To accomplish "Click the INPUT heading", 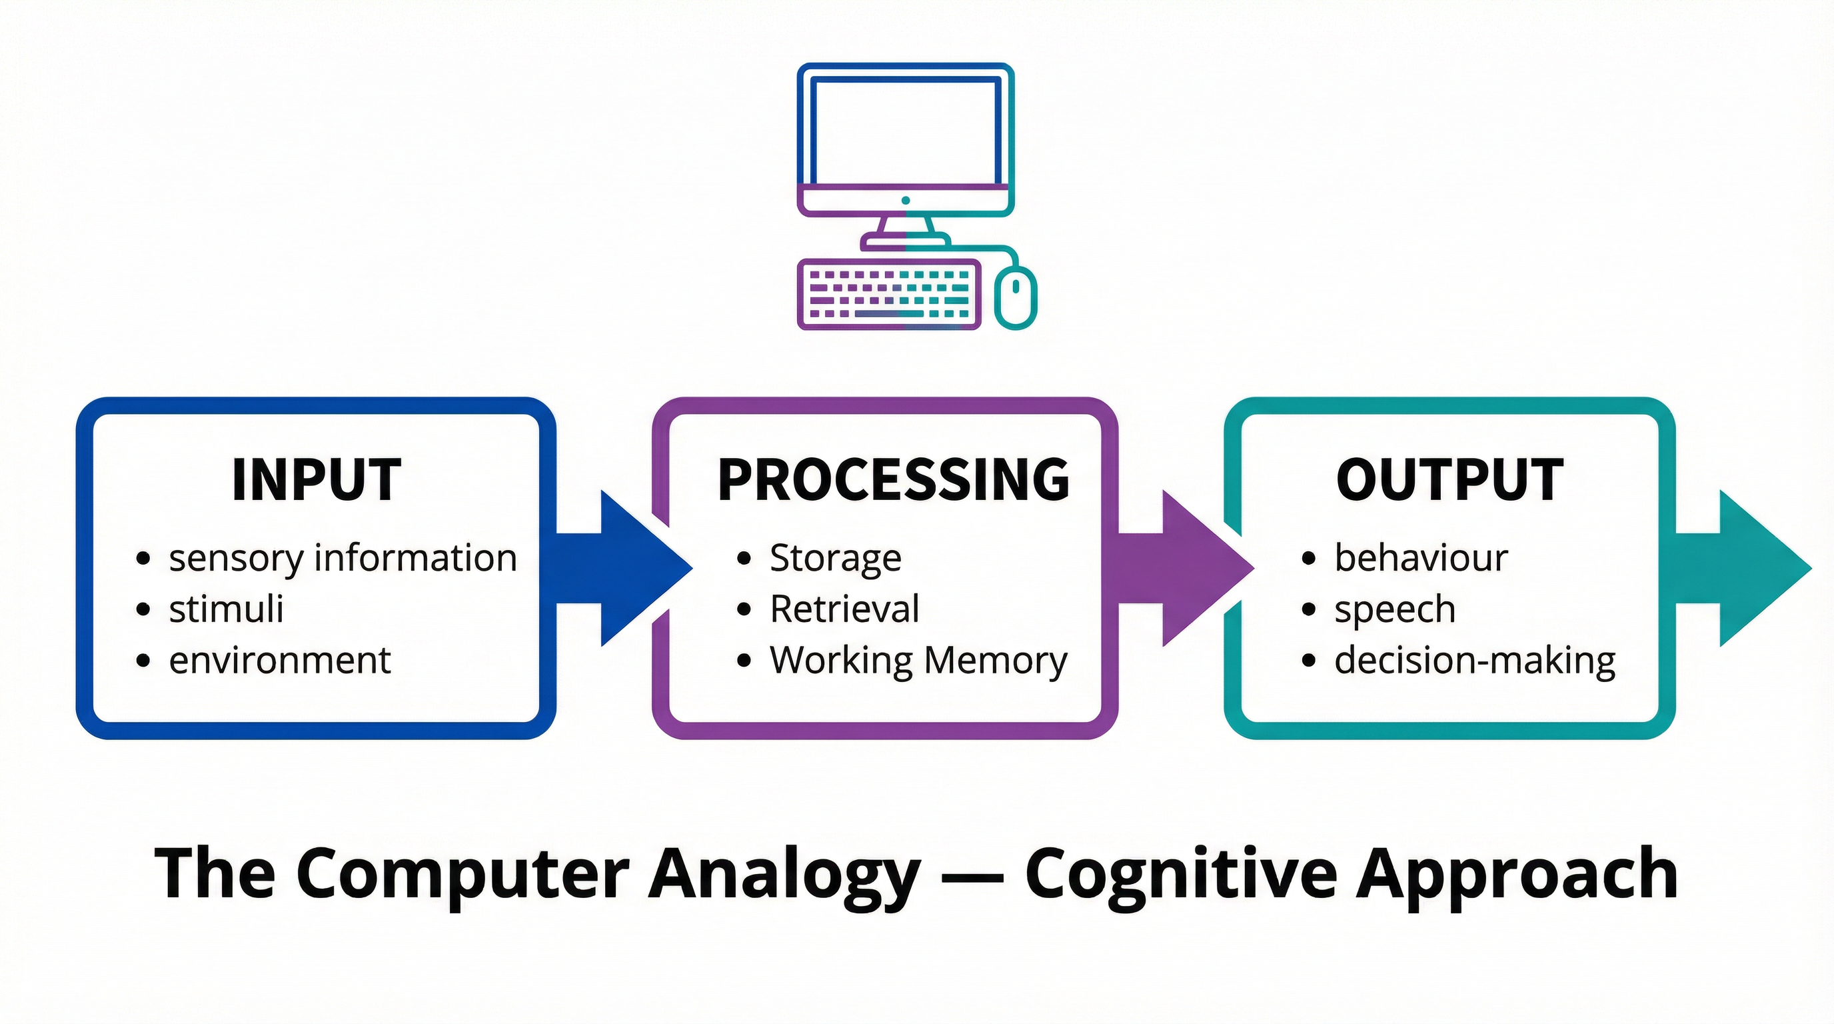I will point(317,479).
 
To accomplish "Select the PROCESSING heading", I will point(894,479).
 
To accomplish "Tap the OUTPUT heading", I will point(1449,479).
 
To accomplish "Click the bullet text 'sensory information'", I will point(343,557).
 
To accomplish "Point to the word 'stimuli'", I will point(227,609).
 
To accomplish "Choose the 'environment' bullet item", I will point(280,660).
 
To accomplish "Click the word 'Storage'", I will point(835,557).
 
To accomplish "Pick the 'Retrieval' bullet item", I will point(844,609).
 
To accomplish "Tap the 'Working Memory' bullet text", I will point(918,660).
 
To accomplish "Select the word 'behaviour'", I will point(1421,557).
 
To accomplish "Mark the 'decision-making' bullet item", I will point(1474,660).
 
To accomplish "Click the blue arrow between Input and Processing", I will point(626,568).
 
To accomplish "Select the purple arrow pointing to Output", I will point(1189,568).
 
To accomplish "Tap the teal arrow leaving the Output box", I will point(1744,568).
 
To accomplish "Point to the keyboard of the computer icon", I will point(888,294).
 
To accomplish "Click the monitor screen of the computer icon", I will point(905,133).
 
